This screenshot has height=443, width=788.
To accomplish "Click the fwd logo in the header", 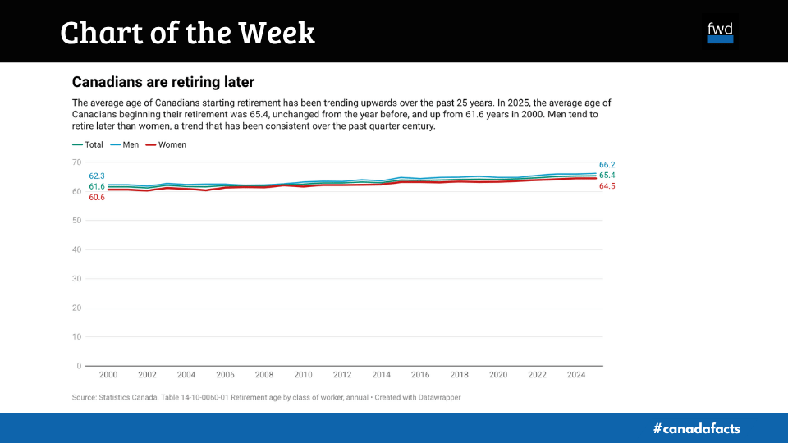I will click(720, 32).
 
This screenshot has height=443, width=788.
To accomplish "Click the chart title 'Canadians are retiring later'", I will click(163, 82).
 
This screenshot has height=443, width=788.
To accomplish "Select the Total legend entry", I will click(88, 144).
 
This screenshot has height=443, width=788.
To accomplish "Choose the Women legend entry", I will click(166, 144).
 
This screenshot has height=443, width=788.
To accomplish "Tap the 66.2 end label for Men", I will click(607, 165).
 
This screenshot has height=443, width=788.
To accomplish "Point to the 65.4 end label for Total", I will click(607, 176).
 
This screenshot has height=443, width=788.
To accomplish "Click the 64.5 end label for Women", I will click(607, 187).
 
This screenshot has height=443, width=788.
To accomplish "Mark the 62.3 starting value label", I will click(97, 176).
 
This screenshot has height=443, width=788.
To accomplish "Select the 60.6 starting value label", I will click(97, 198).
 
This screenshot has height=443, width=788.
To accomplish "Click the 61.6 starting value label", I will click(97, 187).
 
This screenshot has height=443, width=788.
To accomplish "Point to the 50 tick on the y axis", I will click(77, 221).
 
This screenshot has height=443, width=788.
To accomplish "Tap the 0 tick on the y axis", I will click(79, 366).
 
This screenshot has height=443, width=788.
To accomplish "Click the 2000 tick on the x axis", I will click(108, 375).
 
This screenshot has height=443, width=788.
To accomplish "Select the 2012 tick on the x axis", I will click(342, 375).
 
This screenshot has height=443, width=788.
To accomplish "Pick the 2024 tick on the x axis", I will click(576, 375).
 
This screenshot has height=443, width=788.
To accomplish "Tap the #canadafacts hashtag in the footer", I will click(696, 428).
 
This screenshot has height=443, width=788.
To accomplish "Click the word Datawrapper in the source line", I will click(431, 398).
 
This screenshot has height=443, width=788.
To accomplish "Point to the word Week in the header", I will click(277, 33).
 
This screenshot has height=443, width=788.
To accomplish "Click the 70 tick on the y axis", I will click(77, 162).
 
